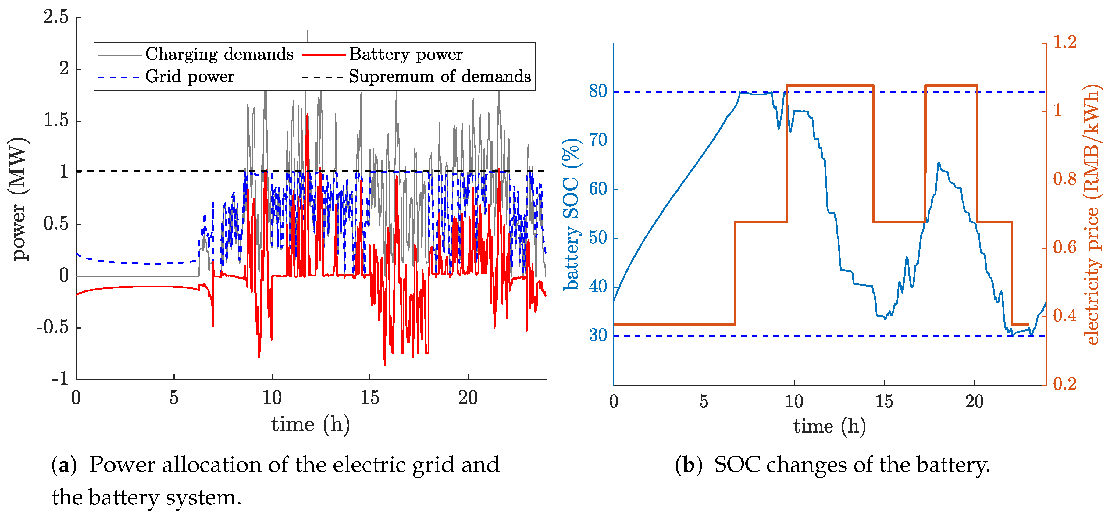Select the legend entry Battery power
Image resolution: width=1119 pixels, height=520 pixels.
(405, 54)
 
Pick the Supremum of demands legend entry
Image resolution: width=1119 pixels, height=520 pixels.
(440, 77)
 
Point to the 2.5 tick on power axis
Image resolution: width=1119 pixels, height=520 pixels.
(56, 17)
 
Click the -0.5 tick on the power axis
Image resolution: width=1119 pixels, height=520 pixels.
(52, 327)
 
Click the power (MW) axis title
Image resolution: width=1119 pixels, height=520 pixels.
(18, 199)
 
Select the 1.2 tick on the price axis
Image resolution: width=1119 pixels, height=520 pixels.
(1065, 43)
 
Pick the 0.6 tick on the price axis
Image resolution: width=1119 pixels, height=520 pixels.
(1065, 248)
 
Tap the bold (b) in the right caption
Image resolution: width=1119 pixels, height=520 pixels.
(689, 465)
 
